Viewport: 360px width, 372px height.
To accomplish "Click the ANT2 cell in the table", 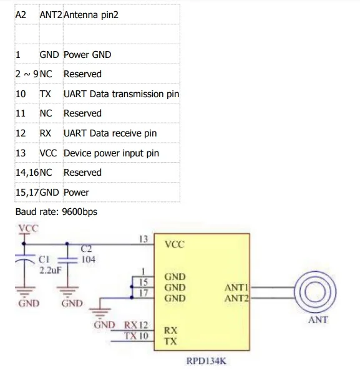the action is click(51, 15).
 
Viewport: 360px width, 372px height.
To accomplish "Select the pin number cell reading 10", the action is click(21, 93).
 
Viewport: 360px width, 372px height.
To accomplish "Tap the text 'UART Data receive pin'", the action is click(110, 133).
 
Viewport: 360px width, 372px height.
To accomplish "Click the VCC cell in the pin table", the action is click(48, 153).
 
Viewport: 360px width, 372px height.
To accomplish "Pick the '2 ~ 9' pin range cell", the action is click(27, 74).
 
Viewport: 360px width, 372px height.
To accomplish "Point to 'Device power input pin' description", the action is click(111, 153).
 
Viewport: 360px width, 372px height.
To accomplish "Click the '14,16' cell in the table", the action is click(27, 173).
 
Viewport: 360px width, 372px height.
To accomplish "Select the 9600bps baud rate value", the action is click(80, 212).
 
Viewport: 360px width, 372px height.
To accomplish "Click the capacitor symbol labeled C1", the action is click(25, 259).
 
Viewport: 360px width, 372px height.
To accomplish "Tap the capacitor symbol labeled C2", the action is click(67, 260).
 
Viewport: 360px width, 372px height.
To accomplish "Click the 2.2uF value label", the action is click(51, 270).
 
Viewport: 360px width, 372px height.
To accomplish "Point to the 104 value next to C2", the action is click(88, 259).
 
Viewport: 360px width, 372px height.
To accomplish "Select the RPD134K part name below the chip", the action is click(207, 361).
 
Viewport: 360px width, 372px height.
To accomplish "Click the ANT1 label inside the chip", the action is click(236, 287).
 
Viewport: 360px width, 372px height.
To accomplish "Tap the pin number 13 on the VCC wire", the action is click(144, 239).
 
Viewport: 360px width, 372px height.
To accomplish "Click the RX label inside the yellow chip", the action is click(170, 330).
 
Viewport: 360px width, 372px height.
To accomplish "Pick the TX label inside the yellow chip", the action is click(170, 341).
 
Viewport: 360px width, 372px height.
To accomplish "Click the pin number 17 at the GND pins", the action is click(144, 293).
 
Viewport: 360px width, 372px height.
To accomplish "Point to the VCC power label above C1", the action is click(28, 228).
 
